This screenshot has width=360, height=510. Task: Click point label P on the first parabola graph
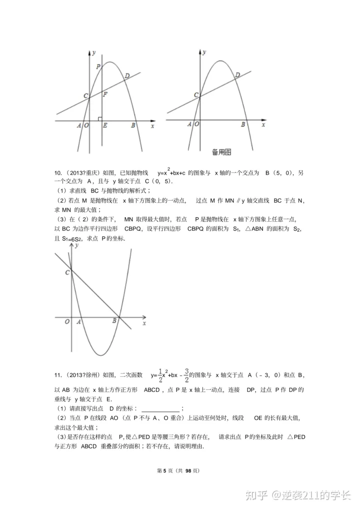pos(98,67)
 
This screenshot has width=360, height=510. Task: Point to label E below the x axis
pos(104,126)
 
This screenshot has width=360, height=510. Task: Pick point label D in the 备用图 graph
pos(237,75)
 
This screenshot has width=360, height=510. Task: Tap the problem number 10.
pos(57,173)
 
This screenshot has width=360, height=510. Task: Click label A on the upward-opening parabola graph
pos(78,322)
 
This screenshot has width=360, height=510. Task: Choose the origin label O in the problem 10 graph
pos(67,322)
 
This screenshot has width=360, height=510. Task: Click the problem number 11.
pos(57,374)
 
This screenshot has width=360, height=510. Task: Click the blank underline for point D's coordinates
pos(160,409)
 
